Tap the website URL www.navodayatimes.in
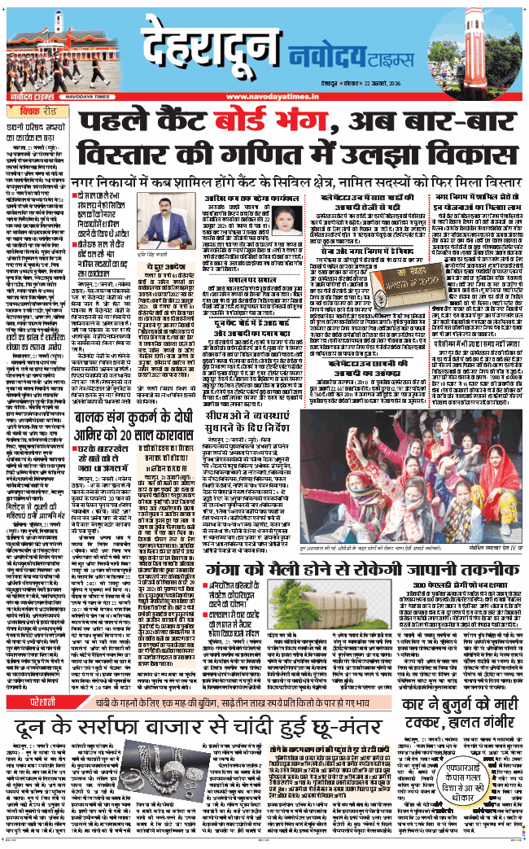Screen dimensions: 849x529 pos(264,98)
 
